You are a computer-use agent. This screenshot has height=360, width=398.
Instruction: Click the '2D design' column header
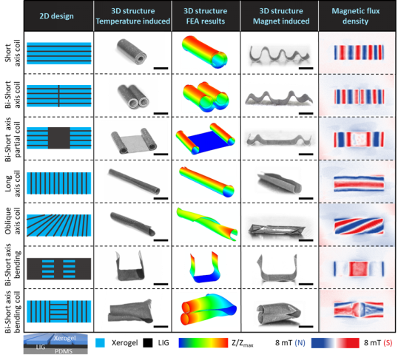pyautogui.click(x=57, y=16)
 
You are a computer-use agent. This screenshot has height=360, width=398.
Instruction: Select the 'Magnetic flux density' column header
pyautogui.click(x=356, y=16)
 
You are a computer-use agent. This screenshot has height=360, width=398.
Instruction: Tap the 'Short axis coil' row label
pyautogui.click(x=13, y=53)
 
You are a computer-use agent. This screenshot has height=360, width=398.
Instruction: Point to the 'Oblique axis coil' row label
pyautogui.click(x=13, y=221)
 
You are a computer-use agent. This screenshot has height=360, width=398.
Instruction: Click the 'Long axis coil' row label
pyautogui.click(x=13, y=183)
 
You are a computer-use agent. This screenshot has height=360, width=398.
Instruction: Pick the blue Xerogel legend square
pyautogui.click(x=100, y=343)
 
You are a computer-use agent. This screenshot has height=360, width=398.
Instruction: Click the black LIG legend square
pyautogui.click(x=147, y=343)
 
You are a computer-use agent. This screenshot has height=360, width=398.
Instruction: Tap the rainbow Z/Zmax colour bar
pyautogui.click(x=203, y=343)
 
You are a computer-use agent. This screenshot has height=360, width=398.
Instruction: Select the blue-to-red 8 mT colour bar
pyautogui.click(x=335, y=343)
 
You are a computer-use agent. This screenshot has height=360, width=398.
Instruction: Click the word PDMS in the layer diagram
pyautogui.click(x=64, y=351)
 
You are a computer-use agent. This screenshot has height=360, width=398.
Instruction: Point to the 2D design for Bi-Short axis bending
pyautogui.click(x=59, y=268)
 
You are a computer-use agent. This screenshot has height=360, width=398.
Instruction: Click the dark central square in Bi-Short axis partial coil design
pyautogui.click(x=59, y=137)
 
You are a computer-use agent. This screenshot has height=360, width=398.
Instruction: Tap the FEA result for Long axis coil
pyautogui.click(x=206, y=182)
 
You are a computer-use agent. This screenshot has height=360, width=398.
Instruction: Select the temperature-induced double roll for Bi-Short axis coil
pyautogui.click(x=132, y=96)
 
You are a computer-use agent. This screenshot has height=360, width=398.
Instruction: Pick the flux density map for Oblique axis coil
pyautogui.click(x=359, y=225)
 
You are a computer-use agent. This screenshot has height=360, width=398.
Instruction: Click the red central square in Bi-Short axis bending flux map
pyautogui.click(x=359, y=268)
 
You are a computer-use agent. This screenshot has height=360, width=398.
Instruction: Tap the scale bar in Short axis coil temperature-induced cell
pyautogui.click(x=161, y=68)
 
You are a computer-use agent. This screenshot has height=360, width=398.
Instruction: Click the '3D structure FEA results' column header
pyautogui.click(x=206, y=16)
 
